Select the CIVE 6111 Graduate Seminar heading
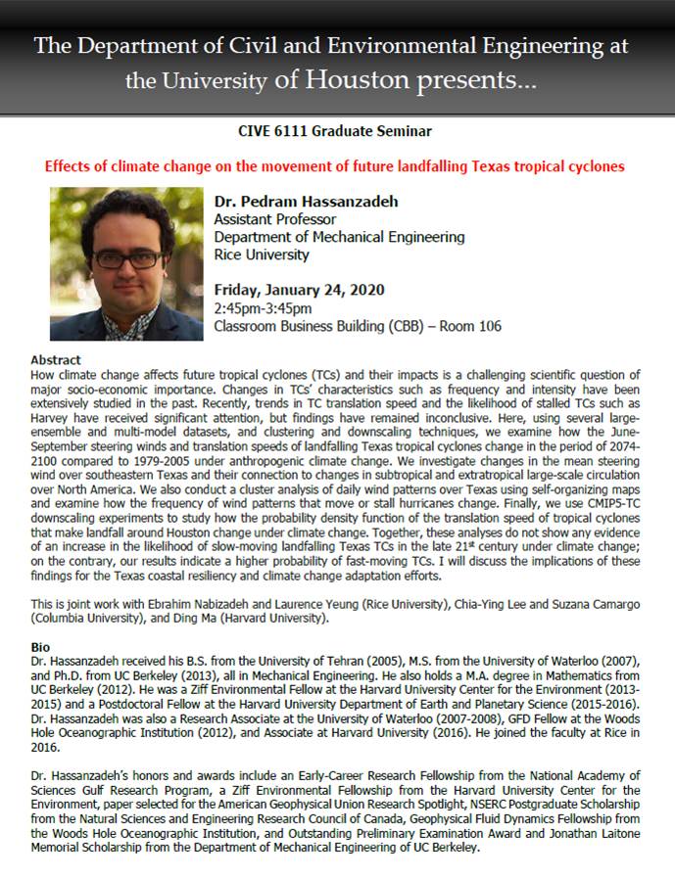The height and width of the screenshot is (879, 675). point(336,130)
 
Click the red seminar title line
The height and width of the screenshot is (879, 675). point(335,166)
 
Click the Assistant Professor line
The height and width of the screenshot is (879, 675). point(274,220)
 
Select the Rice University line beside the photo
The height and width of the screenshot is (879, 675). point(262,255)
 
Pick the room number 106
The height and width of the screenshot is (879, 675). point(488,326)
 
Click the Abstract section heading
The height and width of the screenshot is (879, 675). point(56,360)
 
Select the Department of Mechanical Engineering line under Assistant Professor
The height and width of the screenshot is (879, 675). point(339,238)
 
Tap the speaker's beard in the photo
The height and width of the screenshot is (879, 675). point(124,298)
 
